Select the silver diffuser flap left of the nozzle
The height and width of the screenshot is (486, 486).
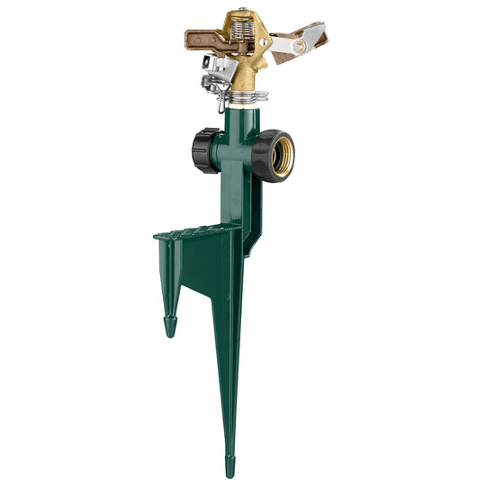213,66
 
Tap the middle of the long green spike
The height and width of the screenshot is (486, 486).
229,360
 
